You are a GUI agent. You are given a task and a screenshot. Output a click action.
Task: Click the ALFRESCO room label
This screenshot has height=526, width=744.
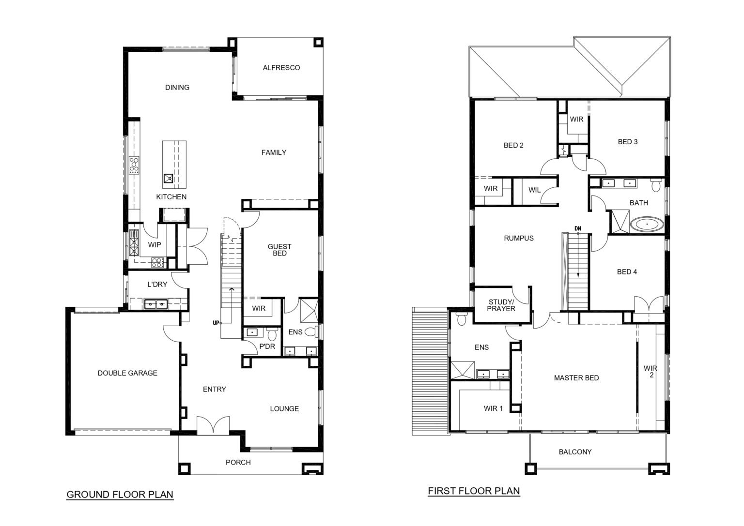[281, 68]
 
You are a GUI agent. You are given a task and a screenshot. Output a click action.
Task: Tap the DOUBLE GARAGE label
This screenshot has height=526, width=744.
[127, 373]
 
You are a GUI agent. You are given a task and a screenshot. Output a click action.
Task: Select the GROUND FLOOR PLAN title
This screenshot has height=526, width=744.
[120, 495]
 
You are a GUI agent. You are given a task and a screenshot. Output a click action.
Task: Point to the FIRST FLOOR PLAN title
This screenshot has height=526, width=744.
[474, 491]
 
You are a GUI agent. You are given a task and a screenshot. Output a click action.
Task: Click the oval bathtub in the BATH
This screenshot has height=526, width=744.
[647, 225]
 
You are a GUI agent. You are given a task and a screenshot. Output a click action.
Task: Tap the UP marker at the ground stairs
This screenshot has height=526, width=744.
[216, 323]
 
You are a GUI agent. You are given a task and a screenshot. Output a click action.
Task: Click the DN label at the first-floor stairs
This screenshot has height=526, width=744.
[578, 229]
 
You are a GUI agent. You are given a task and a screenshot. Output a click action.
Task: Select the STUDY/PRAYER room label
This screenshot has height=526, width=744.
[501, 305]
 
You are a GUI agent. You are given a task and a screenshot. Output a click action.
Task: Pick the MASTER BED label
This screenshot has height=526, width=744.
[576, 377]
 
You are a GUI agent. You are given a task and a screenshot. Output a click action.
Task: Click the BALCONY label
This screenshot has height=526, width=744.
[575, 451]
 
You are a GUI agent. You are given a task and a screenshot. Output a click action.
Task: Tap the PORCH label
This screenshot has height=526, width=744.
[238, 462]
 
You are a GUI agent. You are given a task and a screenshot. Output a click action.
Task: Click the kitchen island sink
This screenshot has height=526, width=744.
[169, 179]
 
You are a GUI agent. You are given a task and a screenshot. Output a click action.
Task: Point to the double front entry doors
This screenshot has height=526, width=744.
[213, 425]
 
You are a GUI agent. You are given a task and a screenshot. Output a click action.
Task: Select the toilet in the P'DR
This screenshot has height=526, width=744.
[272, 334]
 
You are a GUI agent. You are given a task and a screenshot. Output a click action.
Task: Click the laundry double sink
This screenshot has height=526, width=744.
[156, 304]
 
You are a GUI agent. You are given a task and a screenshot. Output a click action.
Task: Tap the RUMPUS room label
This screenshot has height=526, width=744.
[518, 238]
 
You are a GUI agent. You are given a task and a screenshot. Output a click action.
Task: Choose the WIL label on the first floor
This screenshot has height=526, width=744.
[534, 190]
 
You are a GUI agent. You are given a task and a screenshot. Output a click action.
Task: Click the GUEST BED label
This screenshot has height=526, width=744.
[279, 250]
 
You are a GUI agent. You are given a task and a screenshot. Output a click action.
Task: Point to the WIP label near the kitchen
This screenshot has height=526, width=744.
[155, 245]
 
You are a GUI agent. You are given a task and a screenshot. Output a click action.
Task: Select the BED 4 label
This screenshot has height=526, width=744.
[627, 272]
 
